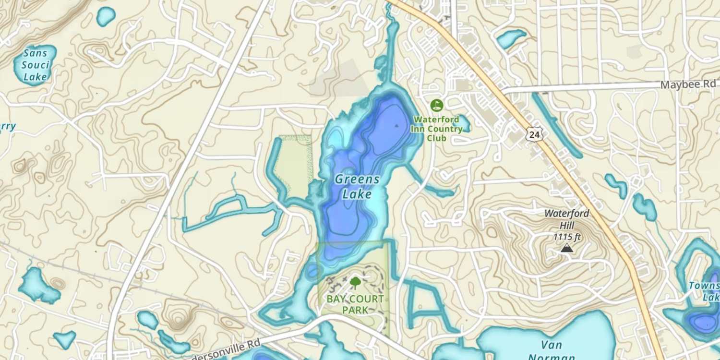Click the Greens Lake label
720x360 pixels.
click(x=357, y=187)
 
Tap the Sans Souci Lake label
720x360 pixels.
click(x=36, y=64)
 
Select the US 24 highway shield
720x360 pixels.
click(x=534, y=135)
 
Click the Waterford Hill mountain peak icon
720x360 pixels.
click(x=566, y=248)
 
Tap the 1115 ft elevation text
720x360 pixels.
click(x=567, y=237)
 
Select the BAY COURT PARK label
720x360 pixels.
click(x=355, y=304)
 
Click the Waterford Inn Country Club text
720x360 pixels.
click(x=436, y=129)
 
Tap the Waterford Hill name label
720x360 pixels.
click(x=567, y=218)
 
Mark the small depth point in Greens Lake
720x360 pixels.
click(x=396, y=125)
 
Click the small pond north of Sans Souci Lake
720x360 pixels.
click(x=106, y=16)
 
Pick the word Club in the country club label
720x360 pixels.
click(x=436, y=139)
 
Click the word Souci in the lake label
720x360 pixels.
click(x=36, y=65)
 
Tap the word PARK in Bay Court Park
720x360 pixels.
click(x=355, y=310)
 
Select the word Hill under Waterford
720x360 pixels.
click(x=567, y=225)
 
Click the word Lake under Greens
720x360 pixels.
click(x=357, y=194)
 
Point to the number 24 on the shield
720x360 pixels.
click(x=534, y=135)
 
